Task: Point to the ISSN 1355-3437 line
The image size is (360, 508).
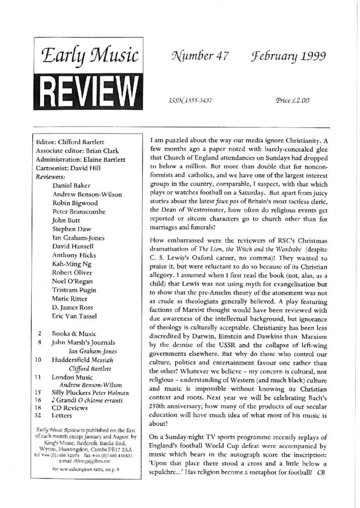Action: pyautogui.click(x=191, y=101)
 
